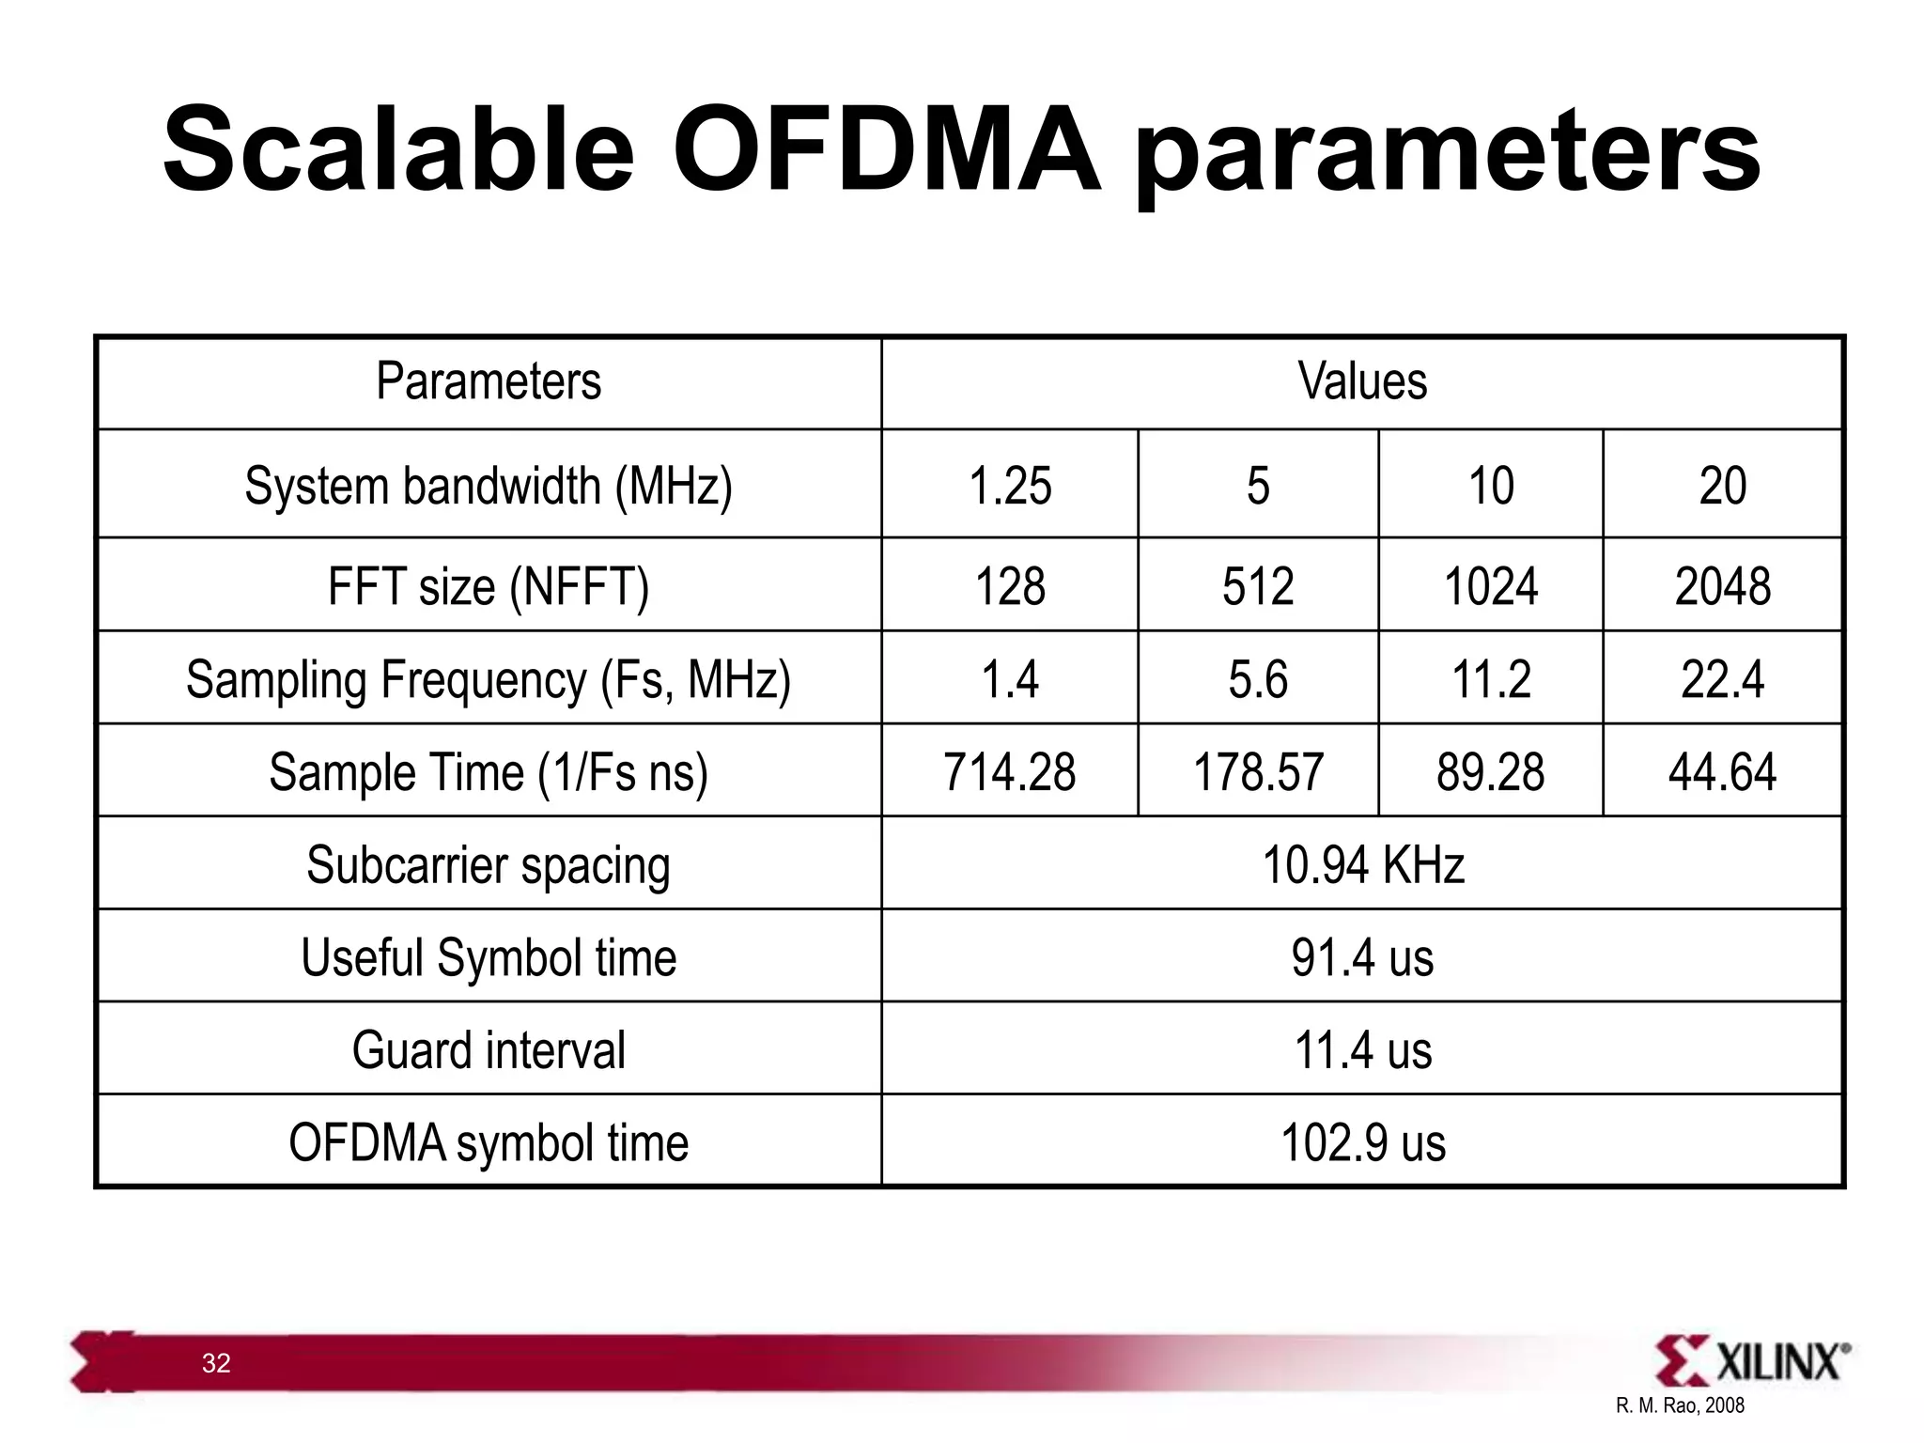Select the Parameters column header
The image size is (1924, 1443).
pyautogui.click(x=489, y=381)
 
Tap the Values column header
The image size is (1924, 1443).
pyautogui.click(x=1362, y=381)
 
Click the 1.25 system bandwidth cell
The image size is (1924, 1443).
pyautogui.click(x=1010, y=486)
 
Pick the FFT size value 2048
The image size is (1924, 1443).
pyautogui.click(x=1722, y=586)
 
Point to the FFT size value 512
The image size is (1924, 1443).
pyautogui.click(x=1258, y=586)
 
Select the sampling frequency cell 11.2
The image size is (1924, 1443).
pyautogui.click(x=1491, y=679)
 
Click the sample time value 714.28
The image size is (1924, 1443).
pyautogui.click(x=1010, y=772)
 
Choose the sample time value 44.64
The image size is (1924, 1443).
pyautogui.click(x=1722, y=772)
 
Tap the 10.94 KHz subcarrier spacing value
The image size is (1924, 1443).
pyautogui.click(x=1362, y=864)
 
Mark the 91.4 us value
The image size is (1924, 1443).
pyautogui.click(x=1362, y=957)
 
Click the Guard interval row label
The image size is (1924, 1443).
pyautogui.click(x=489, y=1050)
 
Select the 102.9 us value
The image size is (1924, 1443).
pyautogui.click(x=1362, y=1143)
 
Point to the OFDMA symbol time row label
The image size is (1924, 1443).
pyautogui.click(x=489, y=1143)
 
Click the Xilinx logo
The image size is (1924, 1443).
pyautogui.click(x=1752, y=1360)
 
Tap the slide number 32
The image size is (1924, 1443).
pyautogui.click(x=216, y=1363)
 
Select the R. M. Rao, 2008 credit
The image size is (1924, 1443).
pyautogui.click(x=1680, y=1406)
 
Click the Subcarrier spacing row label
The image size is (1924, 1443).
pyautogui.click(x=489, y=864)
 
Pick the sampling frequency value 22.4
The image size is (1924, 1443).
pyautogui.click(x=1722, y=679)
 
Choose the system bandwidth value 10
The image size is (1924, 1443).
pyautogui.click(x=1491, y=486)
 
